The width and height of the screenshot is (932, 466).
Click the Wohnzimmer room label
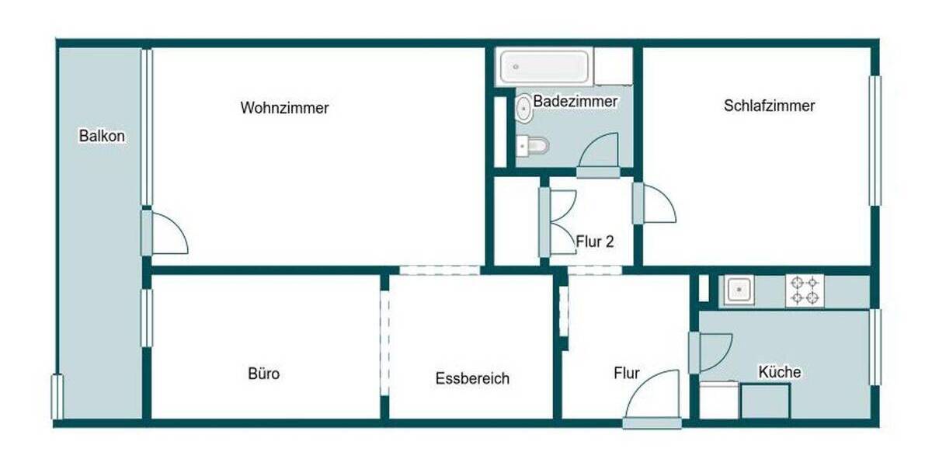(x=284, y=108)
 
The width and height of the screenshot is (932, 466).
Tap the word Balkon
(x=102, y=136)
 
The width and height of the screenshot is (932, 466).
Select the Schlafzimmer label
(x=769, y=106)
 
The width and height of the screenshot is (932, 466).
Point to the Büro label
(x=263, y=374)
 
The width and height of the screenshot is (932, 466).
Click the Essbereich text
(x=472, y=378)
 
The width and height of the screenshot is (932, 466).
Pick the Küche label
(x=780, y=372)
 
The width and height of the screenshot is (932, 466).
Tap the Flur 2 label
(x=595, y=242)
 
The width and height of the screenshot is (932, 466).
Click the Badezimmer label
(x=576, y=102)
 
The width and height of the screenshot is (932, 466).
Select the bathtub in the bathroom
(x=543, y=67)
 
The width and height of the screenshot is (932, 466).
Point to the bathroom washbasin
(x=524, y=109)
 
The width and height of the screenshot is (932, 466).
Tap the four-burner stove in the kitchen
(x=805, y=290)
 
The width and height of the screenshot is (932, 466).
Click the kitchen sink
(x=739, y=290)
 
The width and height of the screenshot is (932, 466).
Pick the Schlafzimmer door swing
(x=656, y=204)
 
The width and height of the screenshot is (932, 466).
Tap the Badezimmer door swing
(x=600, y=151)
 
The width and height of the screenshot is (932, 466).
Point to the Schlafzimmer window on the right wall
(x=875, y=141)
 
